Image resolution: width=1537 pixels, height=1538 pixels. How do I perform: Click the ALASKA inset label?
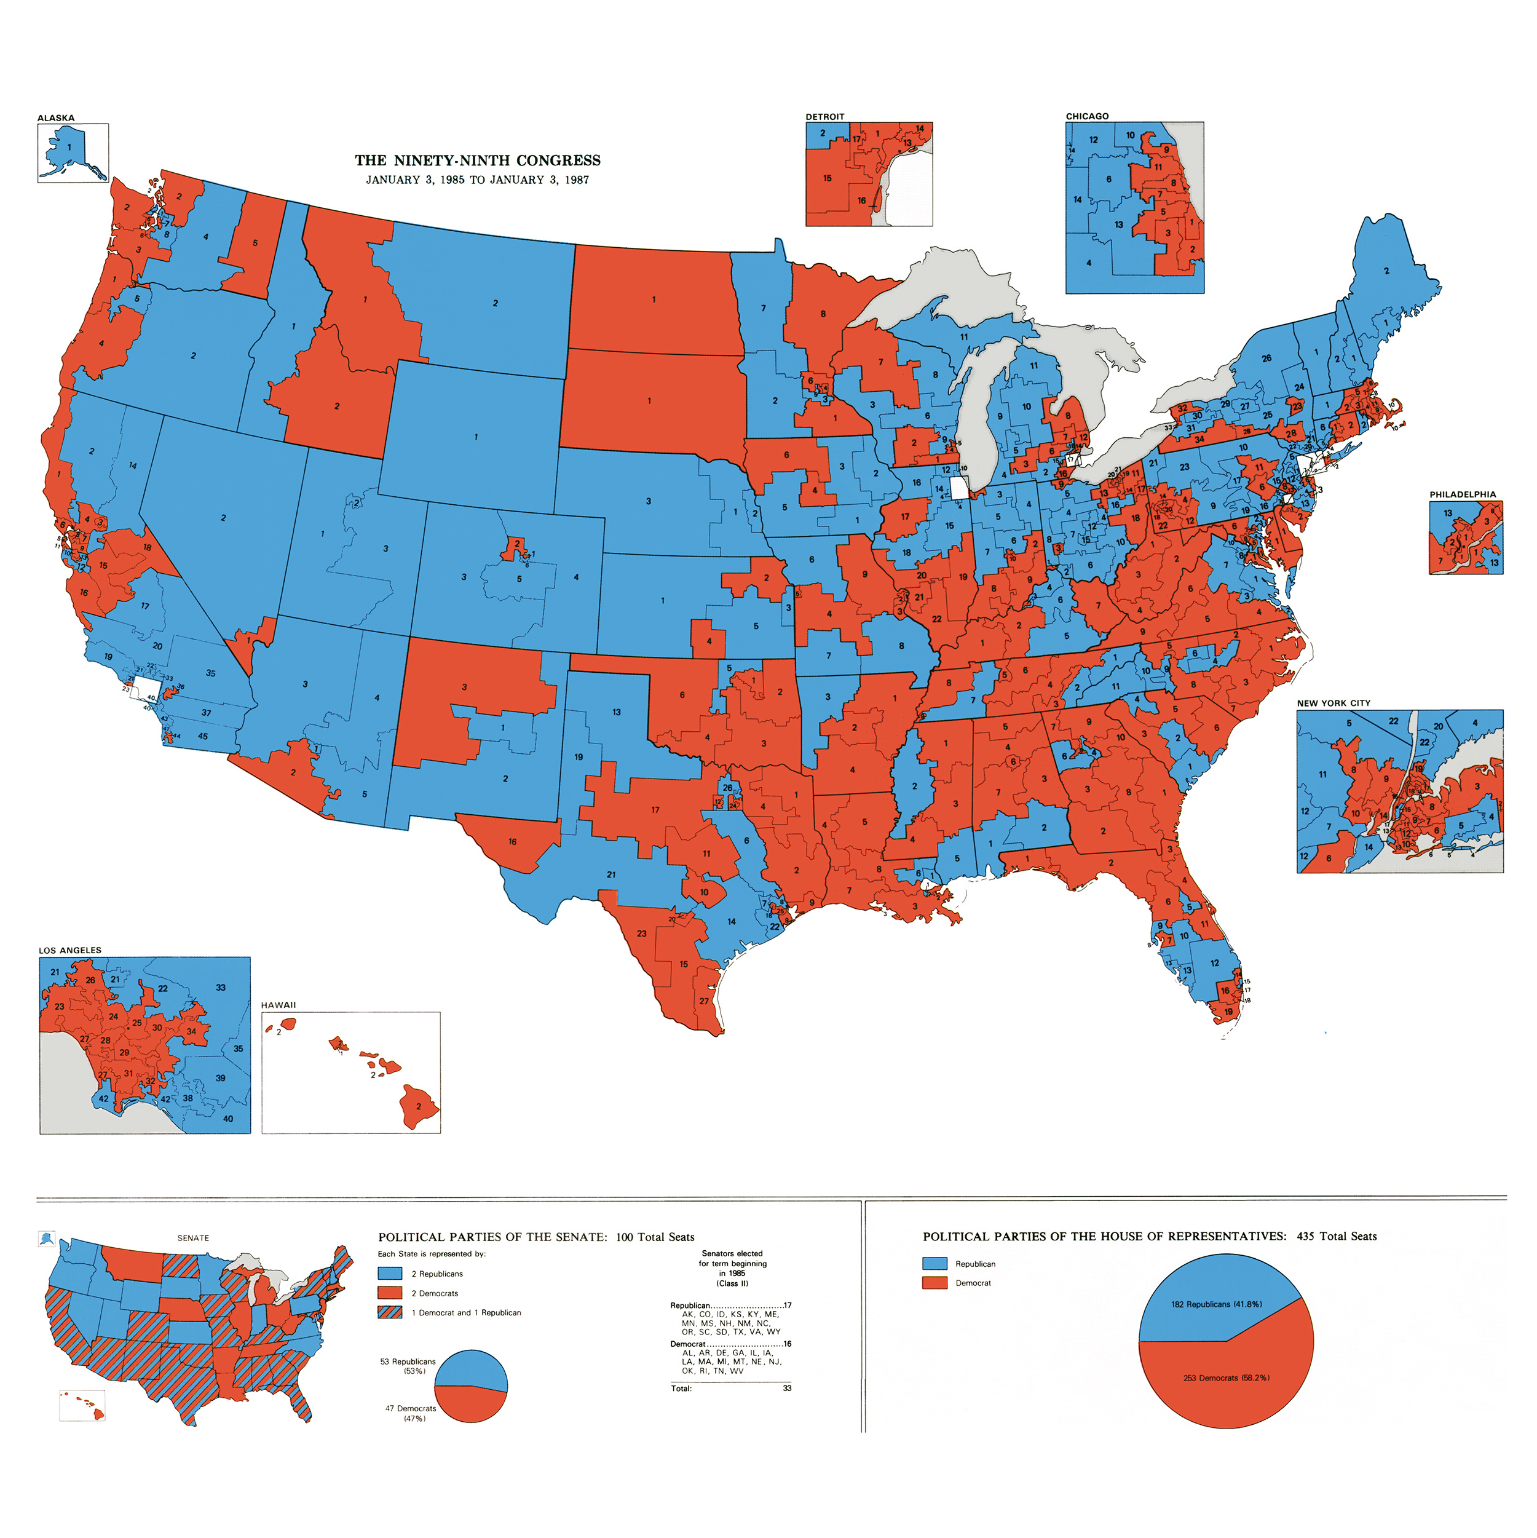point(56,118)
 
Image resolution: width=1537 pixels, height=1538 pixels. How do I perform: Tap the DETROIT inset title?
point(824,116)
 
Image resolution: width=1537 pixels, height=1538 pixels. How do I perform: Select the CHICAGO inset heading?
point(1086,116)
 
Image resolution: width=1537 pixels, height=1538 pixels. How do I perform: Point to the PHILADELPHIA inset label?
point(1462,494)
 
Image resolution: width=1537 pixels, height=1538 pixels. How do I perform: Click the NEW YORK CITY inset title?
point(1334,703)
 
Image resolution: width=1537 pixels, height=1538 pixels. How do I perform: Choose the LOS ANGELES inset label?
point(70,949)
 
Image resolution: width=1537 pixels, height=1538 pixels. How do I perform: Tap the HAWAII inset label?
point(278,1005)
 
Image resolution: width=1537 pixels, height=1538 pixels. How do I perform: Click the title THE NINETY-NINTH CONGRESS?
point(478,160)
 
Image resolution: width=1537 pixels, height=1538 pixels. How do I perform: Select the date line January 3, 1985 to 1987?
point(478,180)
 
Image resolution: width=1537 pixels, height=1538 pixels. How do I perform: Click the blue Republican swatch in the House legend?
point(934,1263)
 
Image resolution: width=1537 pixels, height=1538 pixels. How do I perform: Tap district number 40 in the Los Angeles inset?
point(229,1119)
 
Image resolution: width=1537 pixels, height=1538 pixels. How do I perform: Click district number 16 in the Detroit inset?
point(861,200)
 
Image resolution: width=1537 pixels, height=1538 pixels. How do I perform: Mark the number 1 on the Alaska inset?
point(69,147)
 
